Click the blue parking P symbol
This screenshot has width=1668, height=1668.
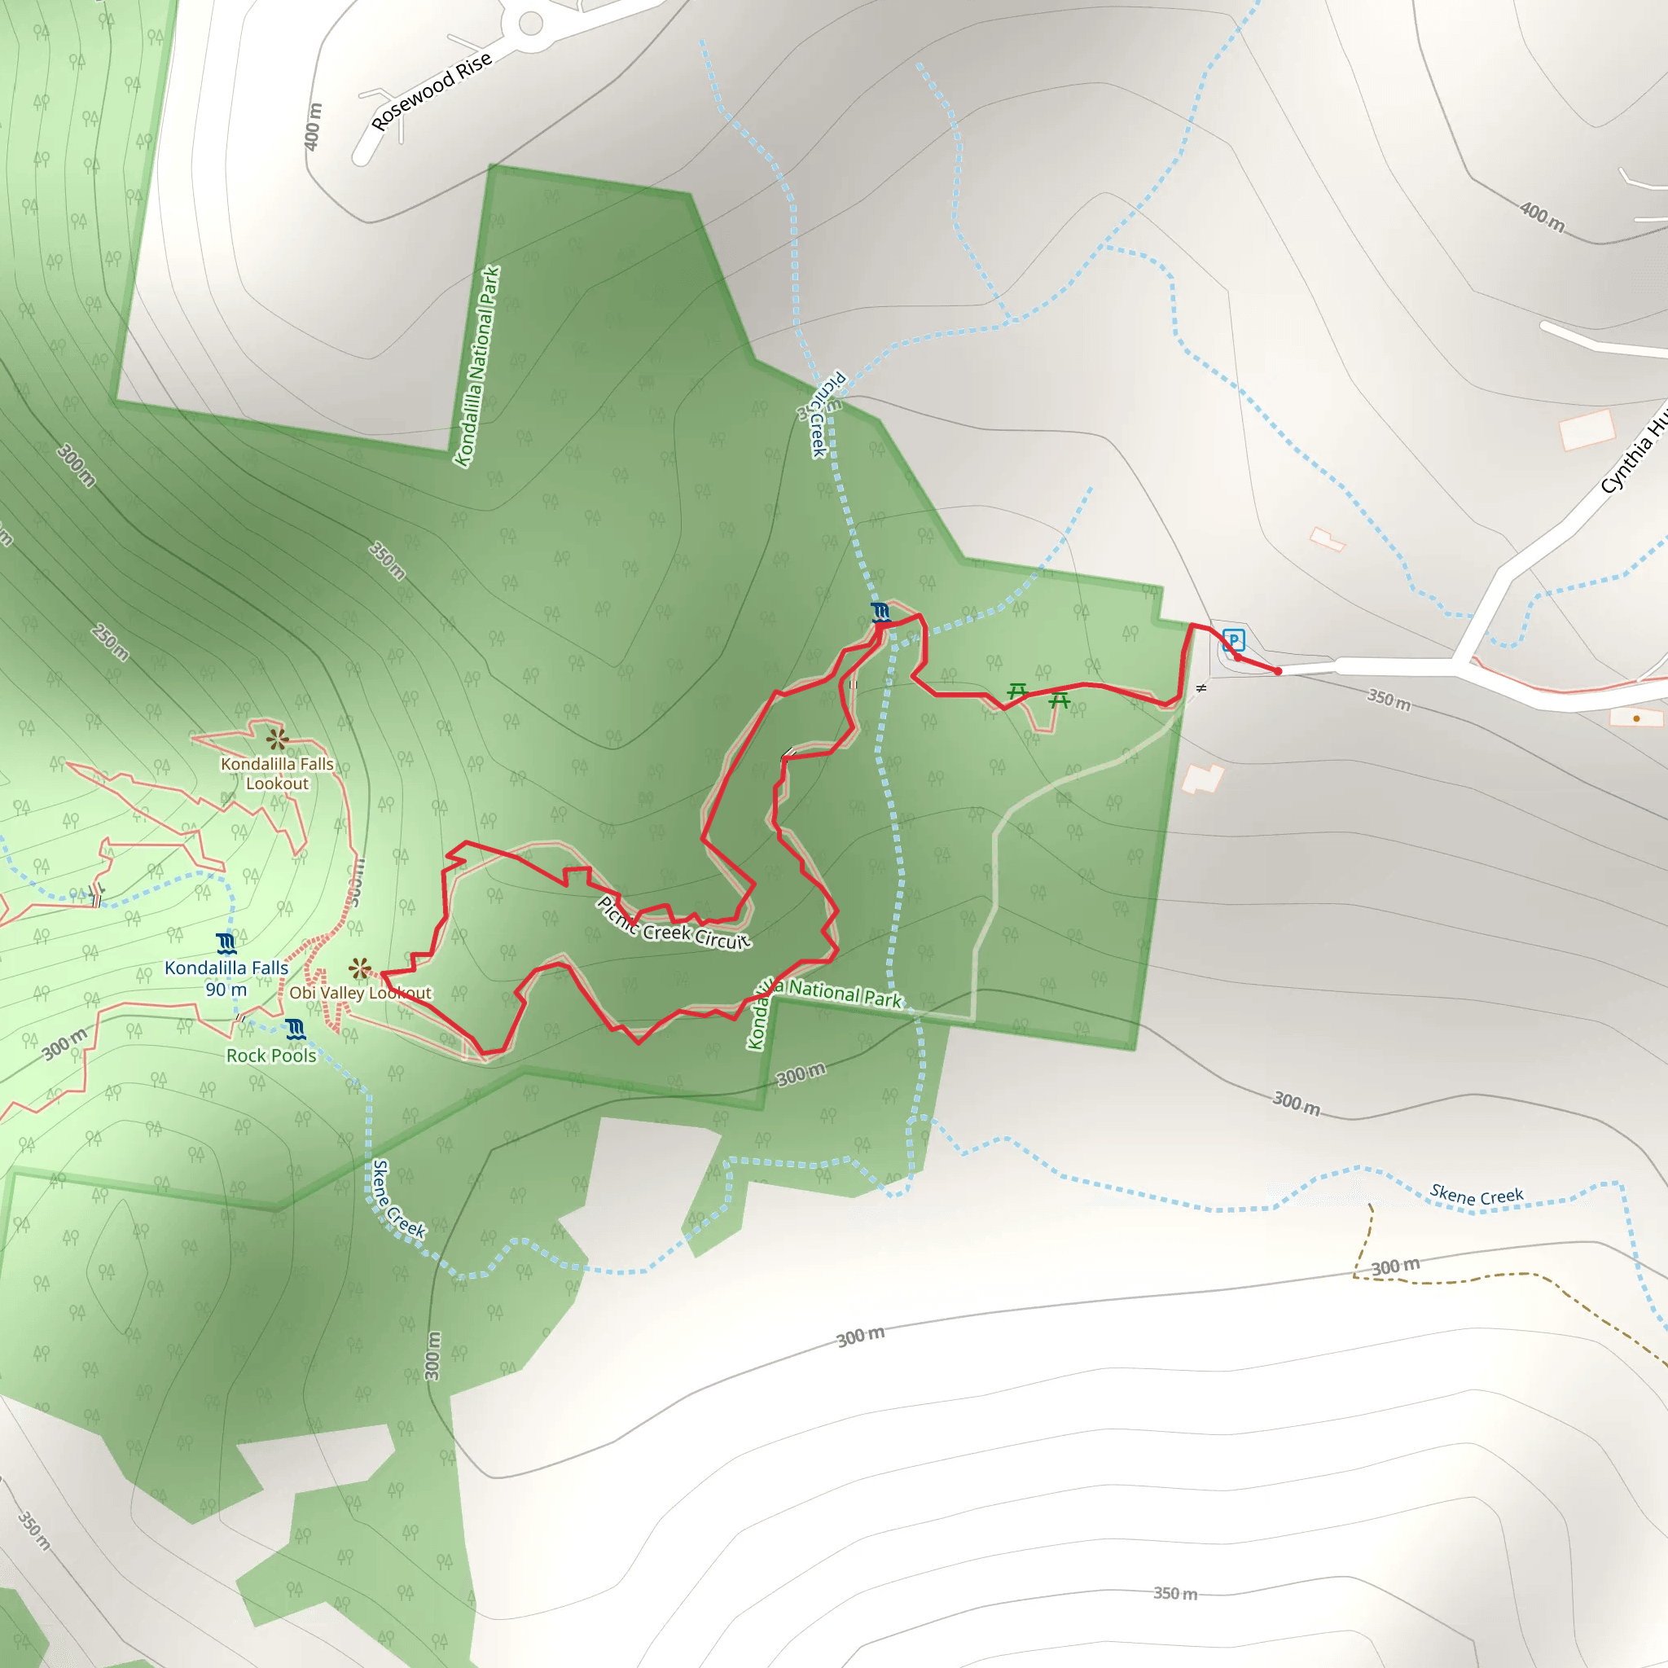[x=1234, y=639]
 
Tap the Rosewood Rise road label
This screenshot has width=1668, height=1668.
[x=431, y=90]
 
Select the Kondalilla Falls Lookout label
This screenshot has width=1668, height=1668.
[x=277, y=774]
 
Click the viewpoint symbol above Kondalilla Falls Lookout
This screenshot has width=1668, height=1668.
[x=276, y=738]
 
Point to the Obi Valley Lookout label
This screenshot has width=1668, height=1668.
[x=360, y=993]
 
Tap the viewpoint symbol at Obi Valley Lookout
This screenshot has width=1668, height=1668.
[x=359, y=968]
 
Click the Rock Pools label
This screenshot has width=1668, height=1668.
[x=271, y=1055]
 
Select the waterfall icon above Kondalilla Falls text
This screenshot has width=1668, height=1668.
[x=226, y=943]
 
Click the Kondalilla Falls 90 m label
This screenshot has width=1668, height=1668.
[x=226, y=978]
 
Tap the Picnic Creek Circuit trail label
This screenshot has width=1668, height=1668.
[x=674, y=924]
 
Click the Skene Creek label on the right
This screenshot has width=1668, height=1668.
[x=1477, y=1196]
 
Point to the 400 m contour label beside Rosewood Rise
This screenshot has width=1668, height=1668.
[x=314, y=126]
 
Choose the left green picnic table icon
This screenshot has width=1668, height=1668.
[x=1018, y=691]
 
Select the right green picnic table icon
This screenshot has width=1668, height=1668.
[x=1060, y=700]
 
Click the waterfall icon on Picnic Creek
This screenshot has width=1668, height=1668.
[x=880, y=612]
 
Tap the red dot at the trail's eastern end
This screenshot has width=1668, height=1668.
[x=1279, y=671]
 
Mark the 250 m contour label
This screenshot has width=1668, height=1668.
[x=111, y=643]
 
